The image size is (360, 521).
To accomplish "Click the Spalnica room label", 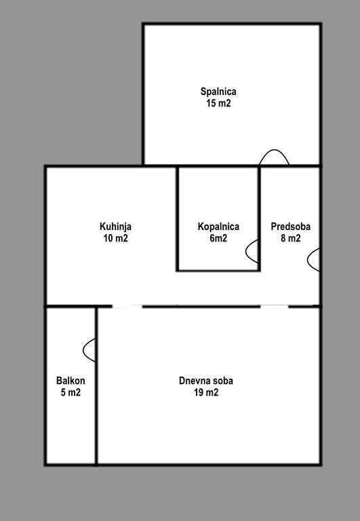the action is coord(218,92).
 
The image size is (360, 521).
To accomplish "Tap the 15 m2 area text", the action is coord(218,103).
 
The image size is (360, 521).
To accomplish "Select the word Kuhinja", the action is coord(115,227).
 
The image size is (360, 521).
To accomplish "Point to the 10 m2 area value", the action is coord(115,238).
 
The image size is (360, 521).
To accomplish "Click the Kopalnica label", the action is coord(218,227).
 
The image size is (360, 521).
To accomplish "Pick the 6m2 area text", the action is coord(218,238).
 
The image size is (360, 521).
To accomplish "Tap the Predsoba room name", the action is coord(291,227).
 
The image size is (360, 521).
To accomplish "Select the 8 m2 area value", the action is coord(291,238).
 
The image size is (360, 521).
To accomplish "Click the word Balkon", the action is coord(71,381).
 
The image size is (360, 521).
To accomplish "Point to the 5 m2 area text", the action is coord(71,392).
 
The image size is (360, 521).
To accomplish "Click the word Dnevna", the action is coord(193,381).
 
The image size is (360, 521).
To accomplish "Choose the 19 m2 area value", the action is coord(206,392).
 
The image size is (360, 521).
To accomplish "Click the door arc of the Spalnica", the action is coord(275,150).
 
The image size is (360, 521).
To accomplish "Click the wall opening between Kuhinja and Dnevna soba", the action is coord(127,307).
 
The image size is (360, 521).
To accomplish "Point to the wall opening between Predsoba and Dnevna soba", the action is coord(275,307).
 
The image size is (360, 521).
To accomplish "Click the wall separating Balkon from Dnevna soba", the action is coord(96,385).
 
